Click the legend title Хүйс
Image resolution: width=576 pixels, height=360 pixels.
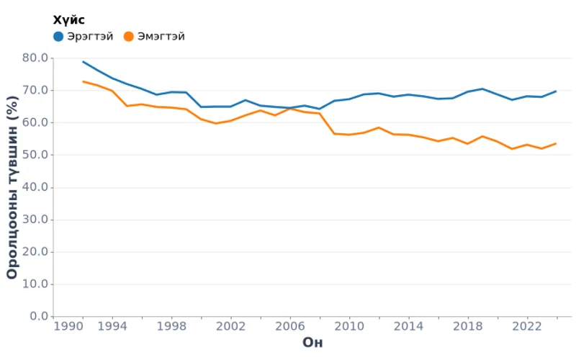coord(69,20)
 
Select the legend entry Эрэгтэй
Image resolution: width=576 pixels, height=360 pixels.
coord(90,36)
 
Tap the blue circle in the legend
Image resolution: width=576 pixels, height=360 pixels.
coord(58,36)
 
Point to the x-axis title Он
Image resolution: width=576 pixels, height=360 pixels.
coord(312,342)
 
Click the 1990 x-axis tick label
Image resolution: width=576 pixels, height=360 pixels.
coord(68,325)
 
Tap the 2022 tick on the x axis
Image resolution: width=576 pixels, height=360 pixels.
coord(526,325)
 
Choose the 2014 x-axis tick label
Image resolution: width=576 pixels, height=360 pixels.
coord(408,325)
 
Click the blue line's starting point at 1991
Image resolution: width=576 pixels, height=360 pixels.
coord(84,62)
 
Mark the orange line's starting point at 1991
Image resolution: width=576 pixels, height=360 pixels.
coord(84,81)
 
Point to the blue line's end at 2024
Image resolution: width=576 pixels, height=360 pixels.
coord(556,91)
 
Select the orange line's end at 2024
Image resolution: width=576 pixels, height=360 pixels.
coord(556,143)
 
